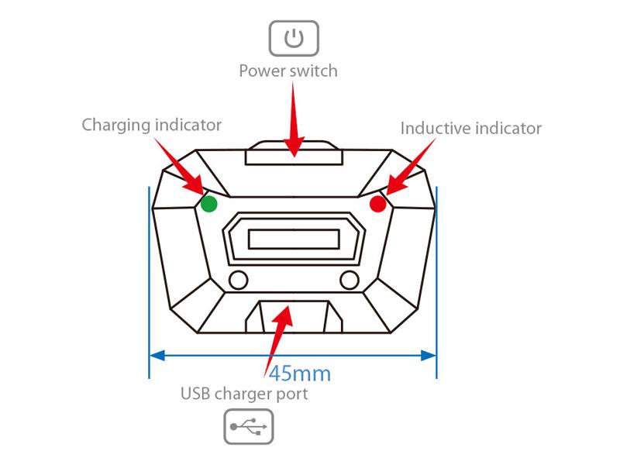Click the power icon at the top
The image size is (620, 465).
click(x=294, y=38)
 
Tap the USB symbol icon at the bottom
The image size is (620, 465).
click(x=249, y=427)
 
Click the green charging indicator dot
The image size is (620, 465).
click(x=208, y=204)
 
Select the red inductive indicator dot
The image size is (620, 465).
click(x=378, y=204)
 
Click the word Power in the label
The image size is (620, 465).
click(x=262, y=71)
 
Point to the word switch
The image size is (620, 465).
click(x=313, y=71)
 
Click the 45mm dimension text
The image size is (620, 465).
click(x=300, y=374)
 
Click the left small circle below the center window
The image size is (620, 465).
click(x=238, y=281)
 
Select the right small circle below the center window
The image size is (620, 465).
click(x=350, y=281)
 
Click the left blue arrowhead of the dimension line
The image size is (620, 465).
click(x=157, y=356)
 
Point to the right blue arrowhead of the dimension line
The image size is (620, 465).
click(x=428, y=356)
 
